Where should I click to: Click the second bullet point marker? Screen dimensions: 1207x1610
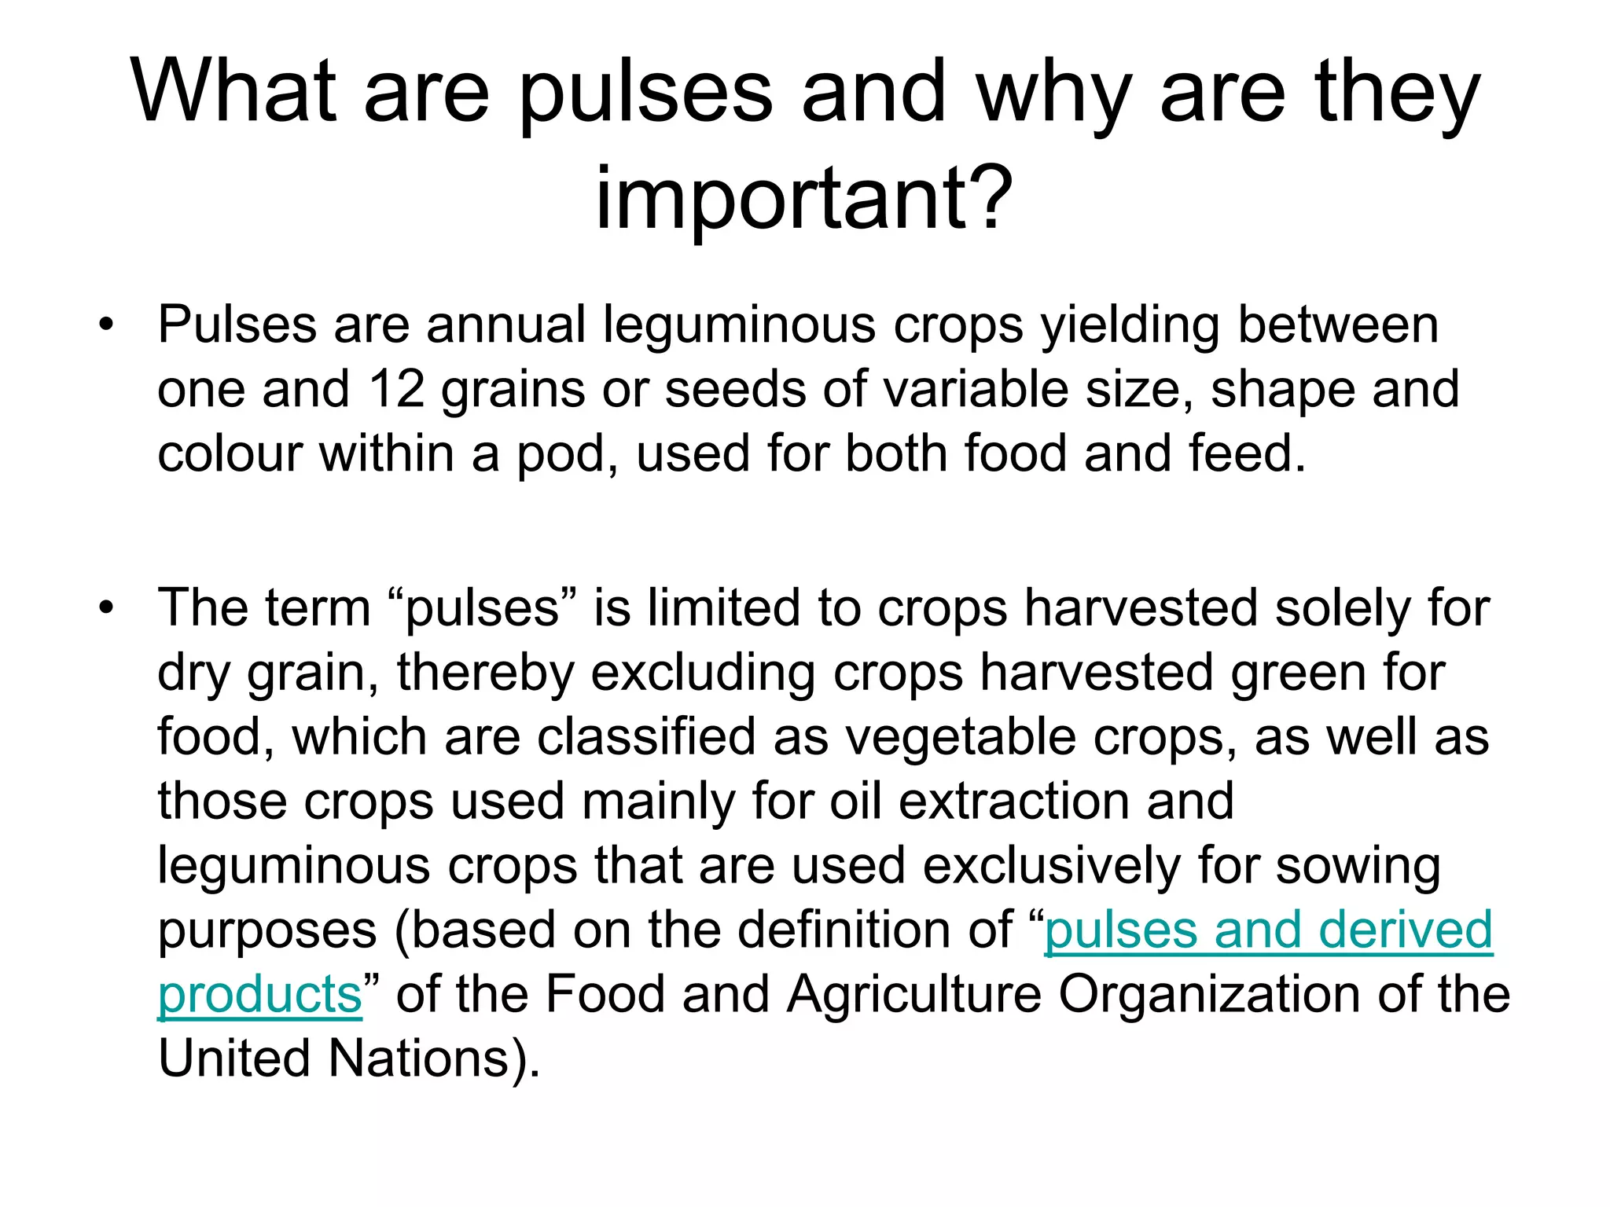pos(106,607)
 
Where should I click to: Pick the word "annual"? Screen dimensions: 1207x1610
pos(506,324)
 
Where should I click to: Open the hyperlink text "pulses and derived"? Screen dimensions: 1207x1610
pos(1268,930)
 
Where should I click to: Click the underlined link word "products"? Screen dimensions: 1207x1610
pos(259,995)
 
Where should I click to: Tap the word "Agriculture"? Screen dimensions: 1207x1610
pos(914,995)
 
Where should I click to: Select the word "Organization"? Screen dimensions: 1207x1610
pos(1208,995)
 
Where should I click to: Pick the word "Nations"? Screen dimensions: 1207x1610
pos(420,1059)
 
